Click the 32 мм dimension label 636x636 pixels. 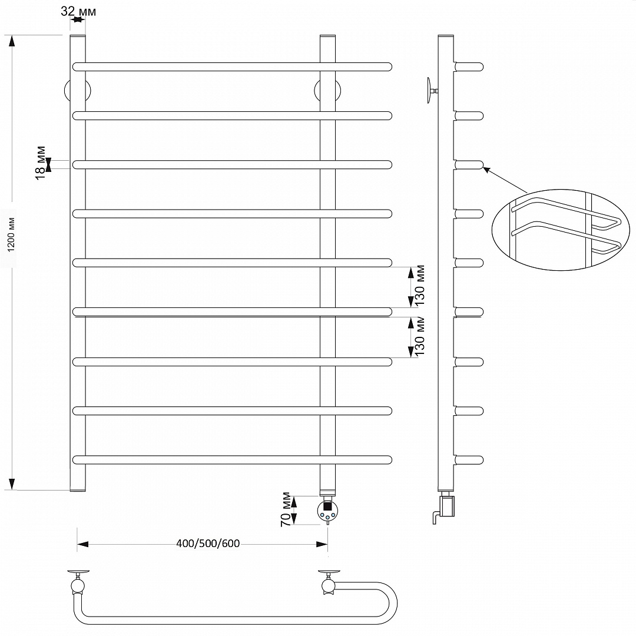click(x=78, y=11)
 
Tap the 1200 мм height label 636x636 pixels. click(x=11, y=235)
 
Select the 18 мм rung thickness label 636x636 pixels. click(x=41, y=163)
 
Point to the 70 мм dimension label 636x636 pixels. click(x=286, y=509)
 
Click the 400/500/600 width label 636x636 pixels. click(x=208, y=543)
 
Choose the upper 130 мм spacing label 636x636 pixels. click(x=420, y=285)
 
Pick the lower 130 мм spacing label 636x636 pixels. click(x=420, y=336)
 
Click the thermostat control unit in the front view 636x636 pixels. click(x=327, y=510)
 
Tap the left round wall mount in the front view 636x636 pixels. click(x=78, y=91)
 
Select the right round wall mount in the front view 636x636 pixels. click(x=327, y=91)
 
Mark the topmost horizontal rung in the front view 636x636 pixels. click(x=232, y=67)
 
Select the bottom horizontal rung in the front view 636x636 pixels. click(x=232, y=459)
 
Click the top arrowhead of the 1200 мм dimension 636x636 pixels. click(x=12, y=41)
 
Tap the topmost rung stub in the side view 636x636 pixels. click(x=469, y=67)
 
